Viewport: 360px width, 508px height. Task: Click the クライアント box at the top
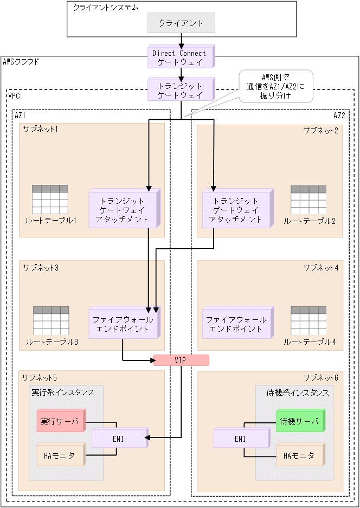pos(181,23)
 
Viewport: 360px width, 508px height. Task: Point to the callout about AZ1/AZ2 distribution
pos(277,86)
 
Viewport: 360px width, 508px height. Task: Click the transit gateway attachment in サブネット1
pos(124,209)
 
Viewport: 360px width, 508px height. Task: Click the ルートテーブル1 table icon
pos(50,200)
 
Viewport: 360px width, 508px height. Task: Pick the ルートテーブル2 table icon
pos(308,200)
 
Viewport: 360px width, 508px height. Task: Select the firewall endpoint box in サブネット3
pos(124,324)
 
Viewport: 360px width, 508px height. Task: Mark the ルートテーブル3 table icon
pos(51,321)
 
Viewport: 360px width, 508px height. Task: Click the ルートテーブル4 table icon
pos(309,321)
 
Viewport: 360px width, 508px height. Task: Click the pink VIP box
pos(181,360)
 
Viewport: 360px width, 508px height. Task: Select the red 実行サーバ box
pos(61,421)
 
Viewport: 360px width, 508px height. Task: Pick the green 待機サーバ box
pos(300,421)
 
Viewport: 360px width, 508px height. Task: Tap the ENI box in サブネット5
pos(119,439)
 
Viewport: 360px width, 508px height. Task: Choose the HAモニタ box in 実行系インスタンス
pos(61,456)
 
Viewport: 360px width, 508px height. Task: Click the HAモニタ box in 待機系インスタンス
pos(300,456)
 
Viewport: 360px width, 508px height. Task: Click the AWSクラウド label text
pos(21,62)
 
